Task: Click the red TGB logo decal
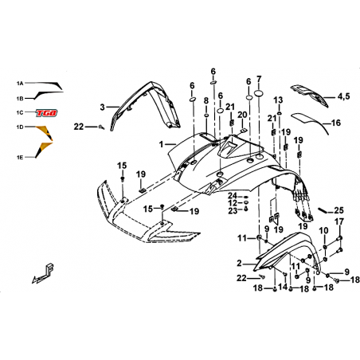pos(47,113)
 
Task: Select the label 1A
pos(20,84)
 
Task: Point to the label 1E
pos(20,158)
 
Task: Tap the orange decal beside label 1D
pos(45,132)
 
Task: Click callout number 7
pos(259,80)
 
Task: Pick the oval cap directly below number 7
pos(259,93)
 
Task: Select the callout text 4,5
pos(344,96)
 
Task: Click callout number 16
pos(336,123)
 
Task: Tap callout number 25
pos(338,210)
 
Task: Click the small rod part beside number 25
pos(323,210)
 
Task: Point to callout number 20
pos(242,115)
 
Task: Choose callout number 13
pos(278,100)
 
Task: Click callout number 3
pos(103,108)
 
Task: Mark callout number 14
pos(283,287)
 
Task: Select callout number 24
pos(233,196)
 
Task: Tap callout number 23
pos(233,211)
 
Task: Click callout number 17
pos(339,221)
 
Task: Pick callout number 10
pos(323,231)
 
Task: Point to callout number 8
pos(206,100)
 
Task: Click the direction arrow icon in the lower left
pos(42,273)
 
